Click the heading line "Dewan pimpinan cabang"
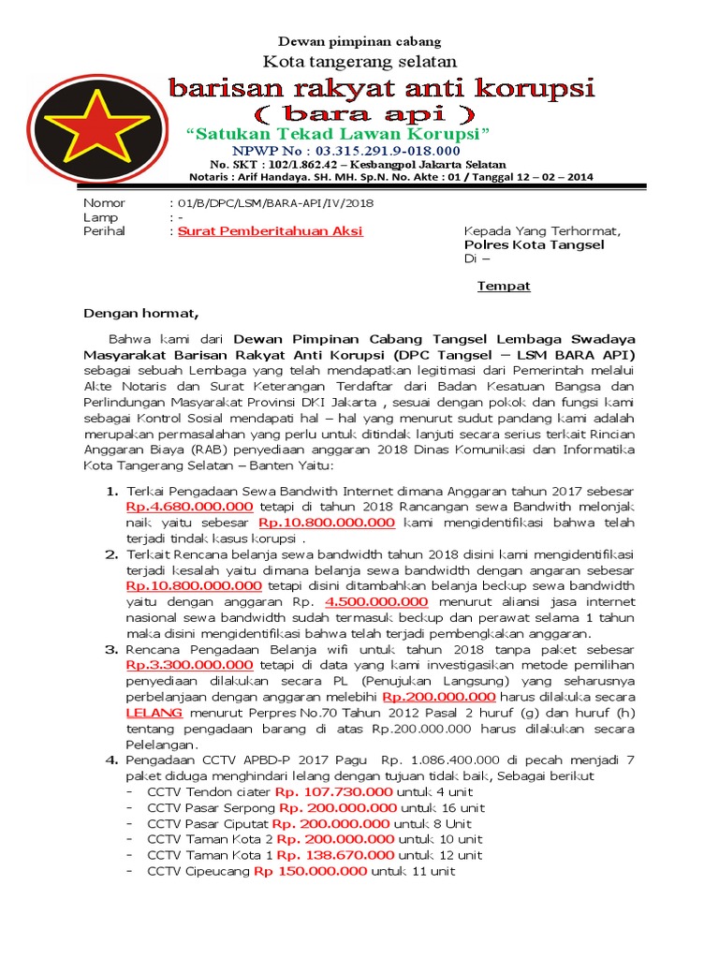(x=360, y=41)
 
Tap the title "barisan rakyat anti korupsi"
(x=381, y=89)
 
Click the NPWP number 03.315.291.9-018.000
(x=386, y=150)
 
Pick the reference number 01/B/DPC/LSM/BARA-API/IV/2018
(x=270, y=203)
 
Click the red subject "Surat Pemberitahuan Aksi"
(x=271, y=231)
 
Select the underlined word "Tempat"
(x=504, y=287)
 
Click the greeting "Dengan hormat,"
(x=141, y=314)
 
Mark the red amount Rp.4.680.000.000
(x=189, y=507)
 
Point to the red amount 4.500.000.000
(x=376, y=602)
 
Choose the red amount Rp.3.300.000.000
(x=189, y=665)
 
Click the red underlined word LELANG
(x=154, y=713)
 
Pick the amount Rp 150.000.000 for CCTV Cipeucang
(x=310, y=872)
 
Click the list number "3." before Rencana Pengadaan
(x=111, y=649)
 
